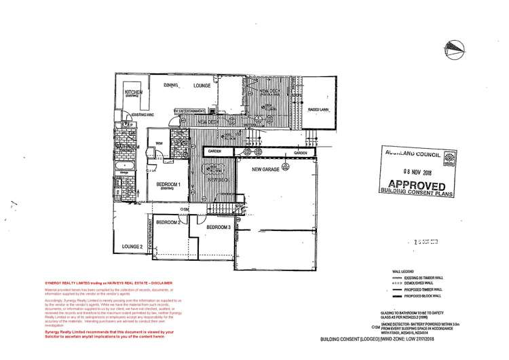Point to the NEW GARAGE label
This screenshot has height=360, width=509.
(267, 168)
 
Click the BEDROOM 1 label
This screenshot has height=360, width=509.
(168, 185)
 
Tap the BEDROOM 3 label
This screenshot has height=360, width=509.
(219, 227)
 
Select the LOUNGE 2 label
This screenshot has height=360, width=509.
(132, 245)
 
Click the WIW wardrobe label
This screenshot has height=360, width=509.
(159, 143)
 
